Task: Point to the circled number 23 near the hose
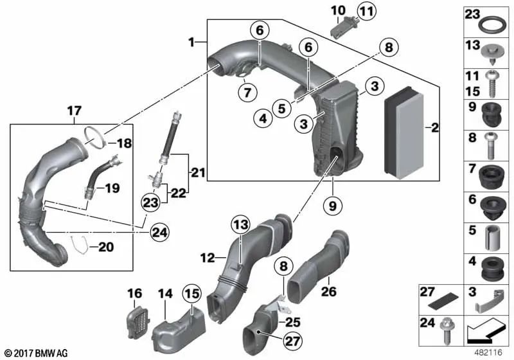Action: pos(150,203)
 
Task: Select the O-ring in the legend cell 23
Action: pos(492,25)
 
